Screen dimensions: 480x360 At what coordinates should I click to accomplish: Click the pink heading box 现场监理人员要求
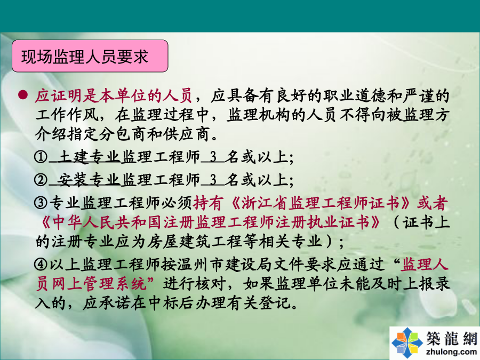(x=90, y=56)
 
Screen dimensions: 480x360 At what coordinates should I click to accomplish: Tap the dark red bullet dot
(x=22, y=95)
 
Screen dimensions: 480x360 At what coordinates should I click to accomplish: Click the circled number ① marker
(x=41, y=157)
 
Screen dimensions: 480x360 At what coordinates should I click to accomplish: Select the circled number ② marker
(x=41, y=180)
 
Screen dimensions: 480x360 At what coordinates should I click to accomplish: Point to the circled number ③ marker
(x=41, y=203)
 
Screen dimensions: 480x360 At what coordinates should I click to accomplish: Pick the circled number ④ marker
(x=41, y=264)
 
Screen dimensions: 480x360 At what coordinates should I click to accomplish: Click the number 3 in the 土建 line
(x=213, y=157)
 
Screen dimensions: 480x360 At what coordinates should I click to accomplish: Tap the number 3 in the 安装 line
(x=213, y=180)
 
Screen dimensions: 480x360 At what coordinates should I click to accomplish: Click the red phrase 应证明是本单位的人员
(x=114, y=95)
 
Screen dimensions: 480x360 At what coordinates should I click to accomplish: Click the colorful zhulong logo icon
(x=407, y=342)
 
